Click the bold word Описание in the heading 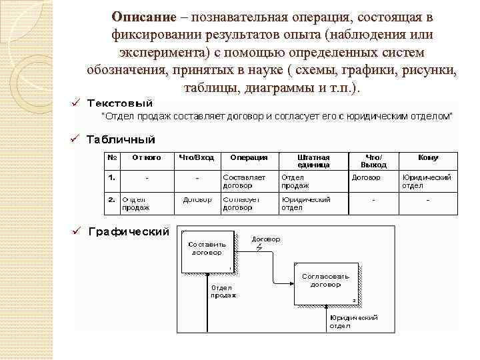click(x=143, y=16)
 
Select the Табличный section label click(x=121, y=139)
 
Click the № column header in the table click(x=112, y=158)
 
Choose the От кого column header click(x=147, y=158)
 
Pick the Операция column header click(x=249, y=158)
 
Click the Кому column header click(x=428, y=158)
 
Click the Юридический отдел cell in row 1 click(x=427, y=181)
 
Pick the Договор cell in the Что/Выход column click(x=366, y=178)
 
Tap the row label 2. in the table click(x=112, y=199)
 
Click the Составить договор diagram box click(x=207, y=250)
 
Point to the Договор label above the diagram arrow click(x=266, y=239)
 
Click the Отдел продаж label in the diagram click(x=223, y=291)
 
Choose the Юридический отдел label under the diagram click(x=354, y=322)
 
